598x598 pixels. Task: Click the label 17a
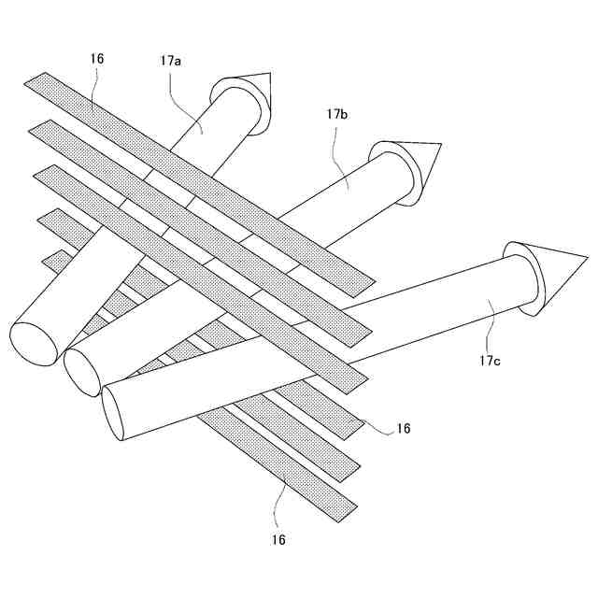tap(171, 63)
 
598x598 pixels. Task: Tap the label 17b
tap(337, 113)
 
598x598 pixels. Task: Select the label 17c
tap(491, 359)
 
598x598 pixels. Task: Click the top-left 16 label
tap(97, 58)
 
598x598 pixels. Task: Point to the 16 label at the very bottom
tap(278, 539)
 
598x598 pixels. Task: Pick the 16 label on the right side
tap(404, 428)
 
